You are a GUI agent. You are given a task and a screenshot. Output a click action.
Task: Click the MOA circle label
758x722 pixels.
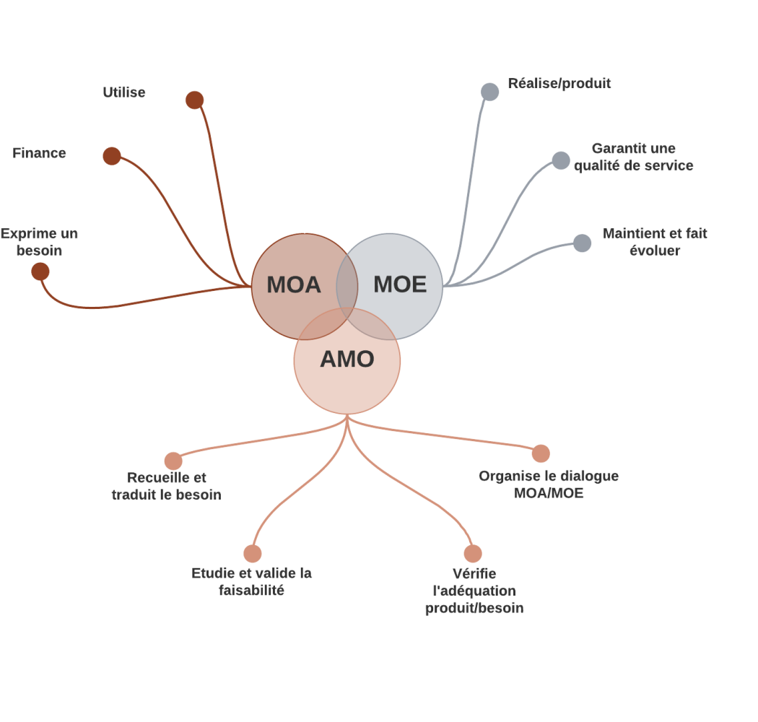(293, 284)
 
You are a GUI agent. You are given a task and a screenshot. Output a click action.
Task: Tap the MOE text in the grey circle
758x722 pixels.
(400, 284)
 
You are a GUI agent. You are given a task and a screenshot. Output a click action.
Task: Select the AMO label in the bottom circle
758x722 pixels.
(347, 359)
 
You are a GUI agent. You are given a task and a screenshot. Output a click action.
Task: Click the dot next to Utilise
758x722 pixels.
(194, 100)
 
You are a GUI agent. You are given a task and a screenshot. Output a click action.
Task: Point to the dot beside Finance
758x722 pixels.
(111, 156)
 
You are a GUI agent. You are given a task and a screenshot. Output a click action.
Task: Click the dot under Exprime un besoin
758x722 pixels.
(40, 271)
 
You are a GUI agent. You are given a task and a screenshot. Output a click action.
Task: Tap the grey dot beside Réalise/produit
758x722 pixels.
(489, 92)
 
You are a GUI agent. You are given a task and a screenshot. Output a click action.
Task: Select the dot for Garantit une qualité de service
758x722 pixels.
(561, 160)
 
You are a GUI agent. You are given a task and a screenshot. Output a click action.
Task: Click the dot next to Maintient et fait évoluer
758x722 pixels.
(582, 243)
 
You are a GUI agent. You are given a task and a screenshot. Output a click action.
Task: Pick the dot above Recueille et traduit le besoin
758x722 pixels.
(173, 461)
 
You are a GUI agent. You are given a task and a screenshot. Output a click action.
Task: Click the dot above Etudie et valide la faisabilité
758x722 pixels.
(252, 554)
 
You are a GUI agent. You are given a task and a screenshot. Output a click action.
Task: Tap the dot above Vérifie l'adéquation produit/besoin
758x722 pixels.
(473, 554)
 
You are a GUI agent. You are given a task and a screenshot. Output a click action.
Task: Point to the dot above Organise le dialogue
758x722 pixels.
(541, 453)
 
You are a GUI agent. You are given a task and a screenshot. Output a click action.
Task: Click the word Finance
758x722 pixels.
(39, 153)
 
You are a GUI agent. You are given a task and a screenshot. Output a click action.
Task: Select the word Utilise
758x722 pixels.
(123, 92)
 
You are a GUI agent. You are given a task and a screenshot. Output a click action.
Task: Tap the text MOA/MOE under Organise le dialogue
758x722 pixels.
(549, 494)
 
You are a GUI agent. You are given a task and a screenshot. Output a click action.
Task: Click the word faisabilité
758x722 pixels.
(251, 591)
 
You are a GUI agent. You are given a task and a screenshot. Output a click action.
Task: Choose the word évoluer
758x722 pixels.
(655, 251)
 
